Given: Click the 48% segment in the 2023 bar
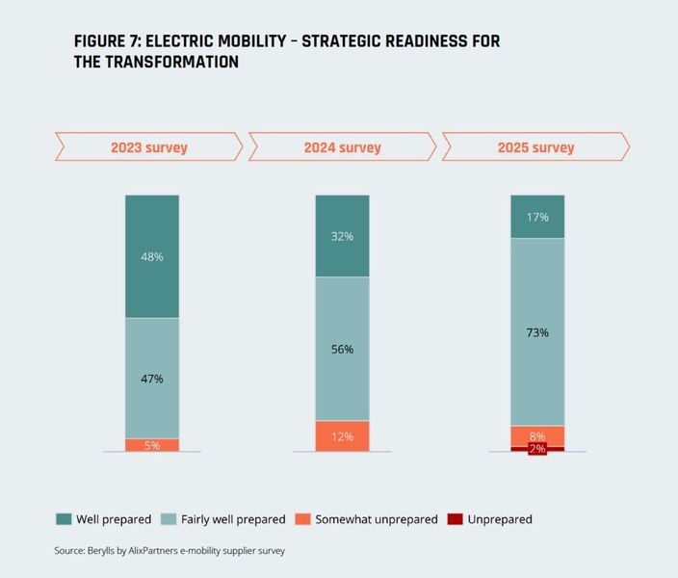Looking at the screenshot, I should point(152,256).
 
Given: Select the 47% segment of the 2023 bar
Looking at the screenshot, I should point(152,378).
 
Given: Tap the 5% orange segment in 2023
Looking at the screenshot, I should point(152,445).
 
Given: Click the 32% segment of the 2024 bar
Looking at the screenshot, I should point(342,236).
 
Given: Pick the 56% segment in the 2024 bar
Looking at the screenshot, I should point(342,349).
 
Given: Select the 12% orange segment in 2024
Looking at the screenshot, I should point(342,436).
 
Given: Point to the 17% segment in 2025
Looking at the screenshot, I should point(537,217).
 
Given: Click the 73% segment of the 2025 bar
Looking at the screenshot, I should point(537,332).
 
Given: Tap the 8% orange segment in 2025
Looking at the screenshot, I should point(537,435).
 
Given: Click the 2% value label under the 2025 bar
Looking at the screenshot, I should point(537,450).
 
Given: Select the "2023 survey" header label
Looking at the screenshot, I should point(148,147).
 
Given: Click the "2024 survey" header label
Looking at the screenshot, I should point(342,147).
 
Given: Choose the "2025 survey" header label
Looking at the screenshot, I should point(535,147).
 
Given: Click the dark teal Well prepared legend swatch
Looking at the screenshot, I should point(63,519).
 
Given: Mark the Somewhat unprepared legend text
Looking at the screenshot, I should point(378,519).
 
